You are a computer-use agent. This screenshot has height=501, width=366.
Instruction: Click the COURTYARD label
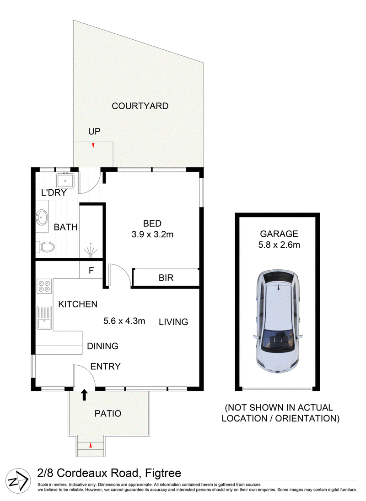(140, 106)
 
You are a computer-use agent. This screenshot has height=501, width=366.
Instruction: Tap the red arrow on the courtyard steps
(93, 146)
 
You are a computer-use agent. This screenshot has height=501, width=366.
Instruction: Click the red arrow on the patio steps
(91, 445)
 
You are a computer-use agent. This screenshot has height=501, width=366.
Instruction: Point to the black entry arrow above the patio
(84, 394)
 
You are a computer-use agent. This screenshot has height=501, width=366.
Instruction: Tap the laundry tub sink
(65, 181)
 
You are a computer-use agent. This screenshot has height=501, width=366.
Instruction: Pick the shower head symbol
(91, 249)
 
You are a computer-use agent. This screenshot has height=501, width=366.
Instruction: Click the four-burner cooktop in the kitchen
(44, 286)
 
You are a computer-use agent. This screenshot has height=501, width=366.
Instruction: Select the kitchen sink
(44, 318)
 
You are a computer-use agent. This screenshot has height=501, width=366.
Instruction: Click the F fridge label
(91, 271)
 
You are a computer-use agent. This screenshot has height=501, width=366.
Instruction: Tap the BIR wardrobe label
(166, 277)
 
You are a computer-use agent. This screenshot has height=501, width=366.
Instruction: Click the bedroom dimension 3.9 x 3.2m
(152, 235)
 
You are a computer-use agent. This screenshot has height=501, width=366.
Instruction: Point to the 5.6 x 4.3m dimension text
(124, 321)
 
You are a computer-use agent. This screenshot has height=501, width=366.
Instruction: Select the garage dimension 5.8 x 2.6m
(279, 245)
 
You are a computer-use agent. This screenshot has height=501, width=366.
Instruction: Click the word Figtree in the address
(163, 473)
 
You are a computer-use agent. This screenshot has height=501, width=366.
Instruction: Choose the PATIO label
(108, 413)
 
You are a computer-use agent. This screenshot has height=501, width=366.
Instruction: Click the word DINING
(102, 346)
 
